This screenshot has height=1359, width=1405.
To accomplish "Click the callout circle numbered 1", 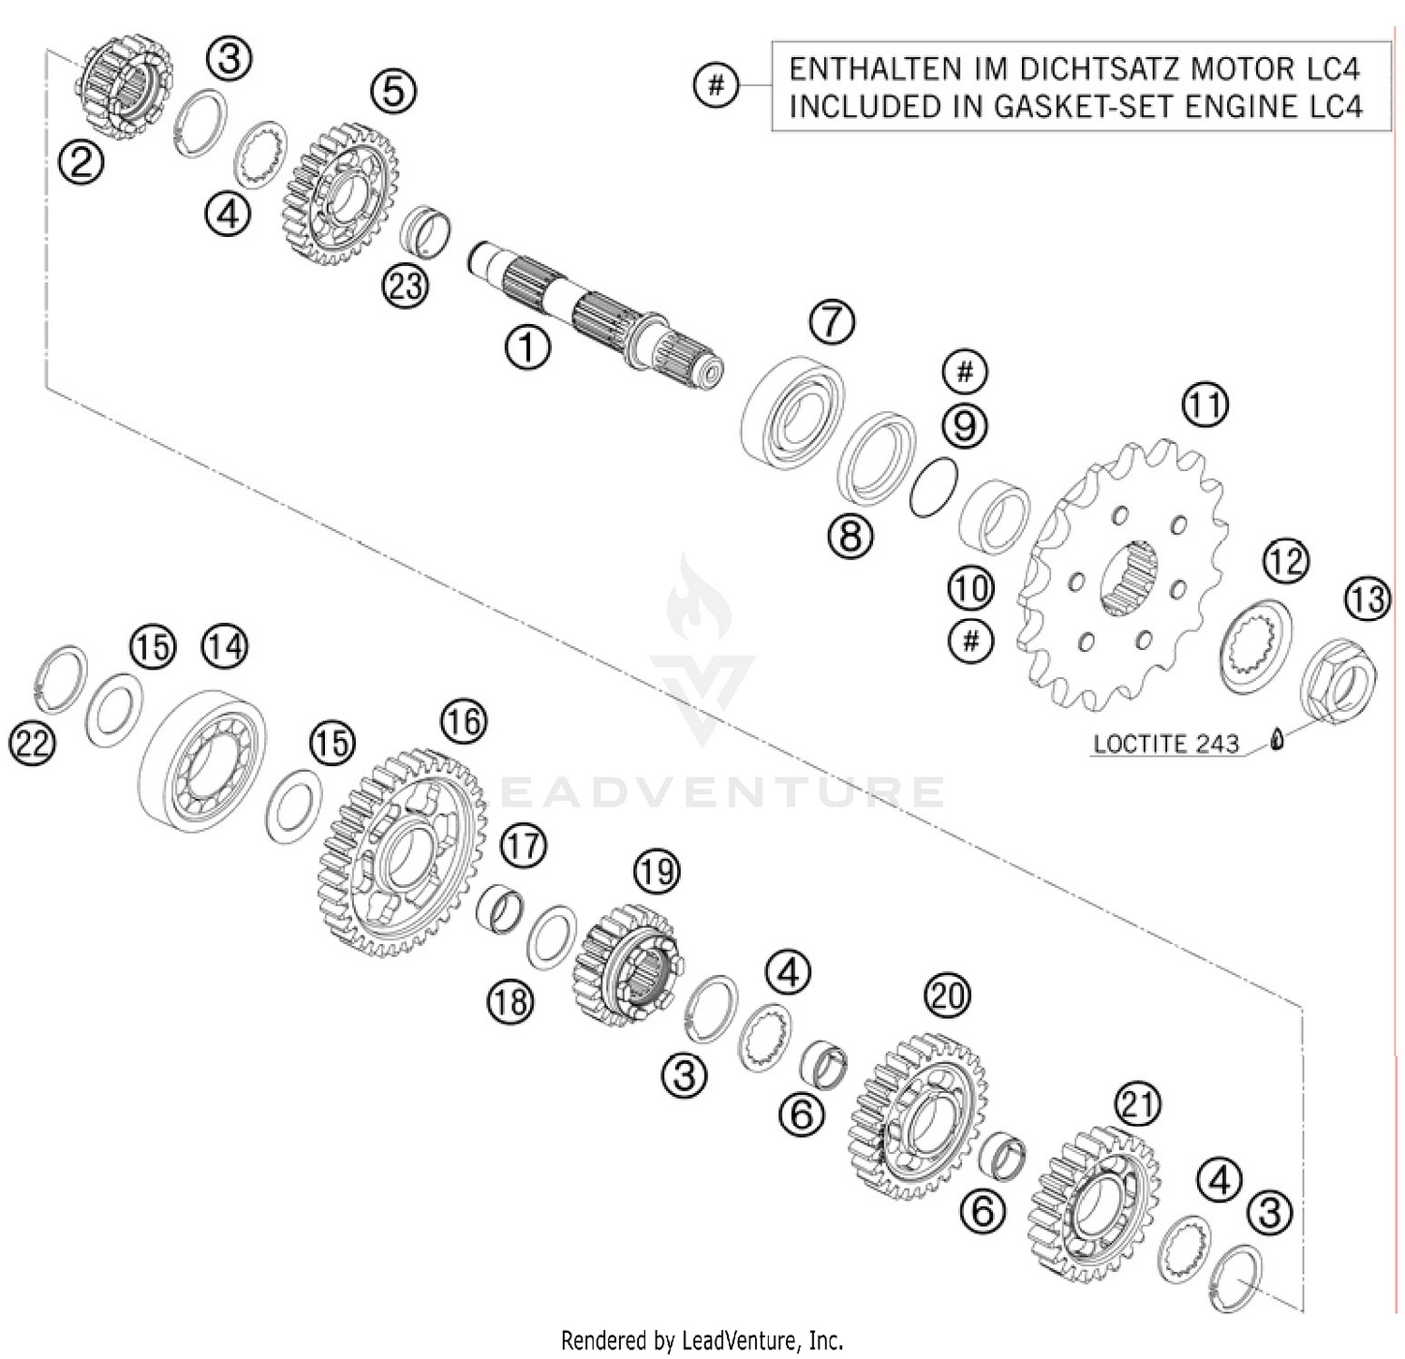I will (527, 347).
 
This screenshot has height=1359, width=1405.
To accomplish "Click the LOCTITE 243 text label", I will (1166, 744).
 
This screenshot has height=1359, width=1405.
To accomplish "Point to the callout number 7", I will (832, 321).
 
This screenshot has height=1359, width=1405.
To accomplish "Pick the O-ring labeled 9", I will (933, 487).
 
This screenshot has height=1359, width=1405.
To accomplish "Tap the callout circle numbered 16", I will (464, 721).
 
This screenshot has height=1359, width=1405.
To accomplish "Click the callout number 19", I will (656, 871).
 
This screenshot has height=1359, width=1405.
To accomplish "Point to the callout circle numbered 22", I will (32, 745).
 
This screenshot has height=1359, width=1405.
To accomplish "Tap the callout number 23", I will (406, 286).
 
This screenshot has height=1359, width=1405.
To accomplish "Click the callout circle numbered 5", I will (393, 91).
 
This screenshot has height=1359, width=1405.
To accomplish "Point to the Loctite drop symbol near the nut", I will (1276, 740).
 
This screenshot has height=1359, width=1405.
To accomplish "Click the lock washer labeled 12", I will (1257, 647).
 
